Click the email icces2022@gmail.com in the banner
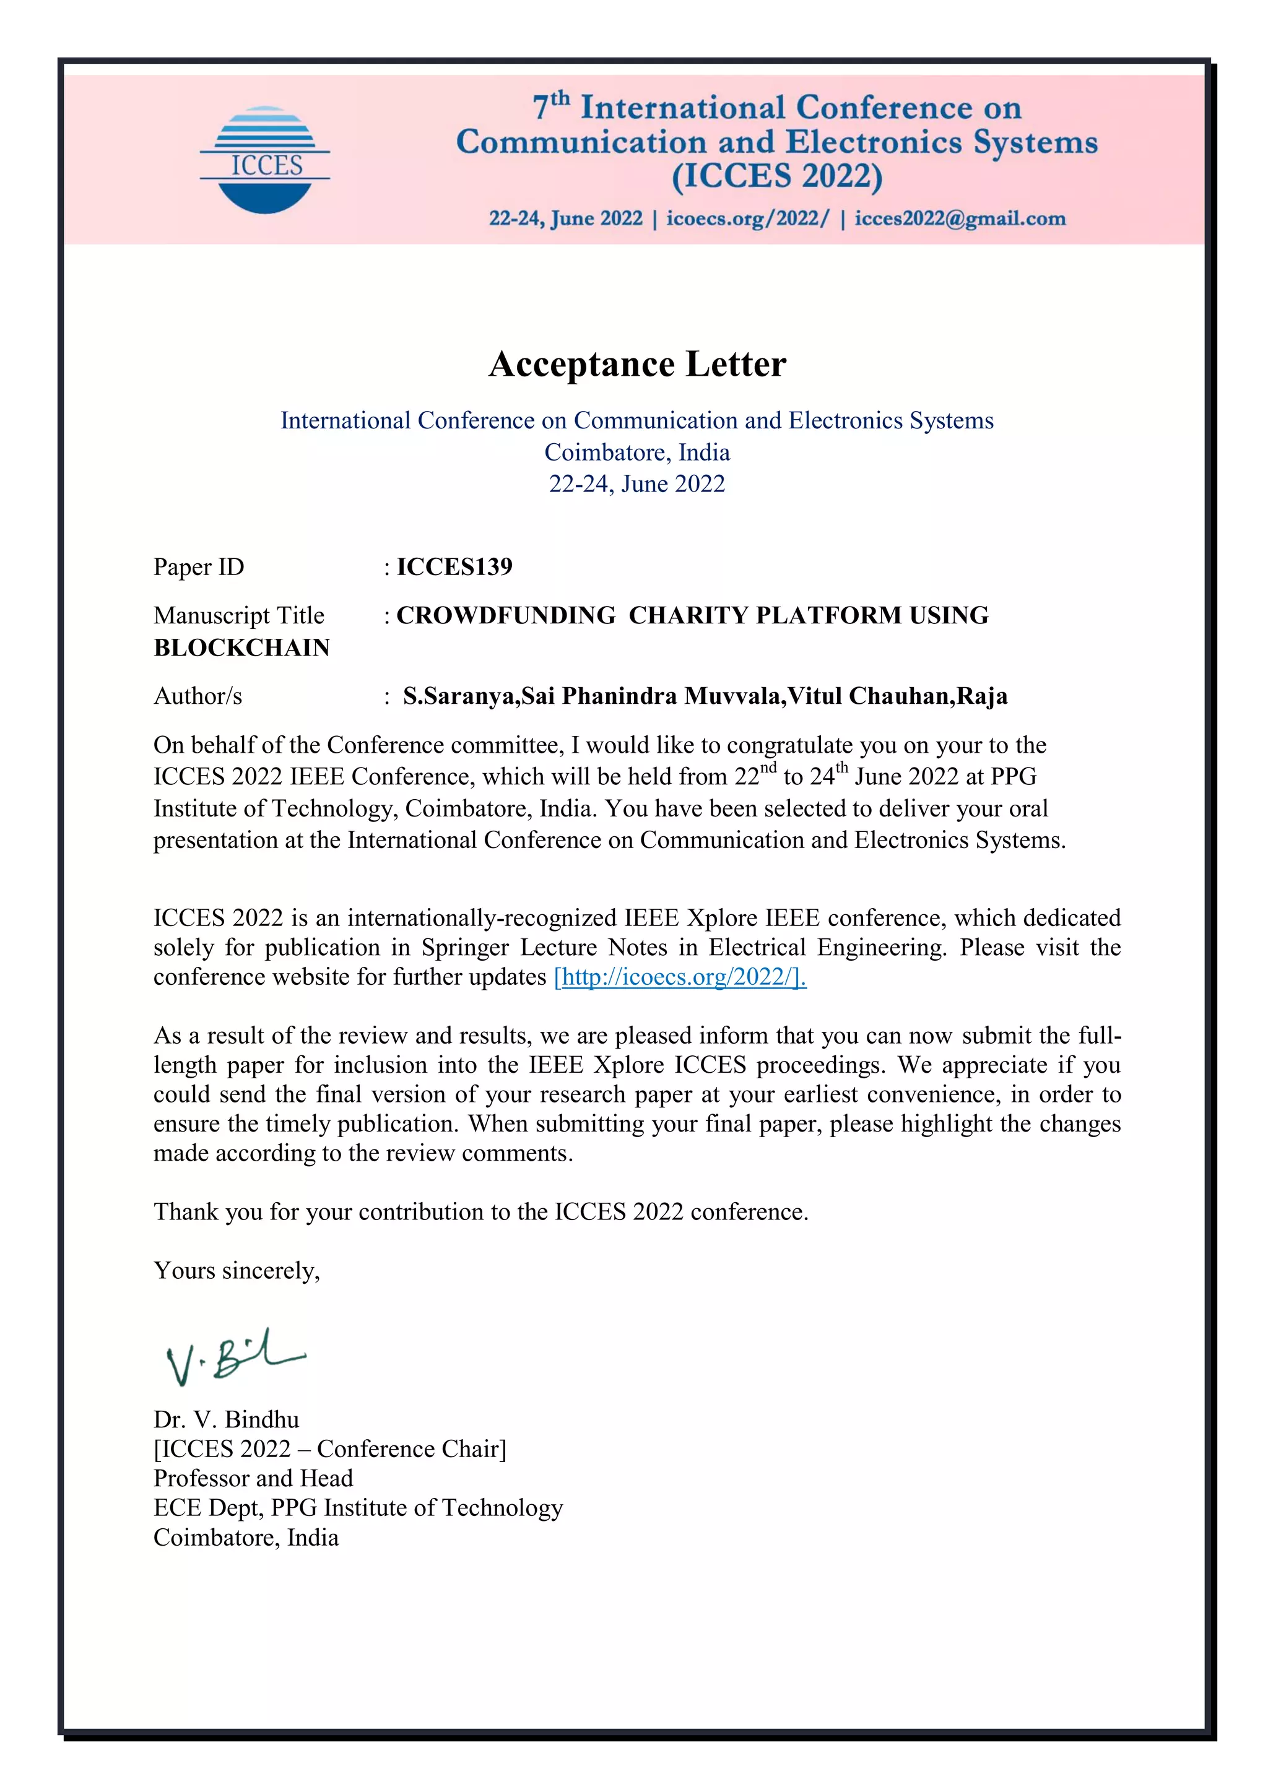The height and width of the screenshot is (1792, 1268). pyautogui.click(x=960, y=219)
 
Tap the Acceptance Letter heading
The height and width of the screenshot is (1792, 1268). pyautogui.click(x=637, y=365)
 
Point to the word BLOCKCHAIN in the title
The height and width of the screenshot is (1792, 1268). pyautogui.click(x=241, y=648)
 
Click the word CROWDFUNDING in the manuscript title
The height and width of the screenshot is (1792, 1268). pyautogui.click(x=506, y=616)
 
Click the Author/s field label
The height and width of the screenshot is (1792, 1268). pyautogui.click(x=198, y=696)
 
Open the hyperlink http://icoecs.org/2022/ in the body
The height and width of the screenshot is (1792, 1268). pyautogui.click(x=679, y=977)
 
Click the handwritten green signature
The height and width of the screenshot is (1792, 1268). pyautogui.click(x=233, y=1359)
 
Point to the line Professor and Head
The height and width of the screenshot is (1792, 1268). pyautogui.click(x=253, y=1478)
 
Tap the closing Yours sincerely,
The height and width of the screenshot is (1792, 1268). pyautogui.click(x=237, y=1271)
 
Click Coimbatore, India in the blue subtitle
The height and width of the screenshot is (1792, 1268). pyautogui.click(x=637, y=452)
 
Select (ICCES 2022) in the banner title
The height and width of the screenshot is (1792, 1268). pyautogui.click(x=776, y=176)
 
